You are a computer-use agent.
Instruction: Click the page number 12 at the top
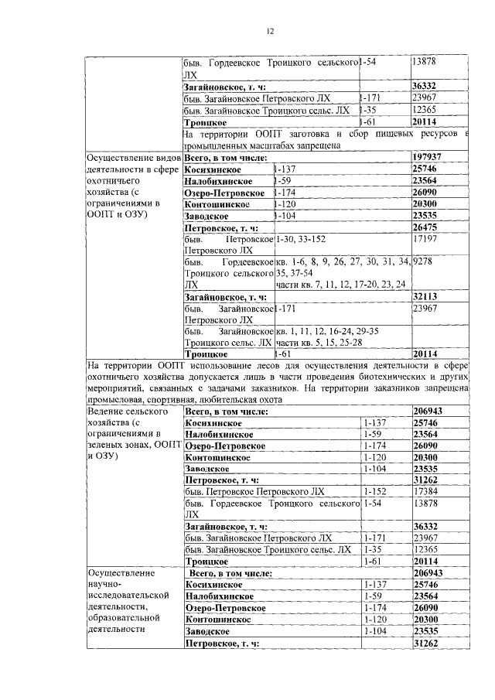[270, 31]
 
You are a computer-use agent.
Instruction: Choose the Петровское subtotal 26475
[427, 228]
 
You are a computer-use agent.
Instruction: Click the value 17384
[426, 492]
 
